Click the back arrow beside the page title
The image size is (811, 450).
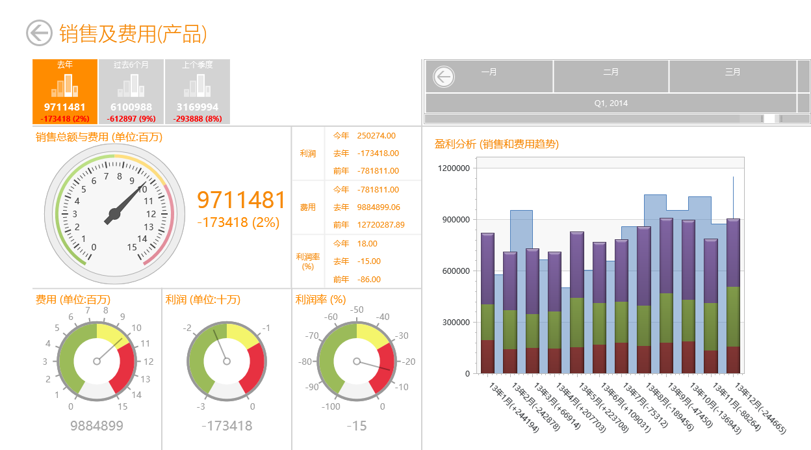click(39, 33)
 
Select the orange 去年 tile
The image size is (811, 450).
click(65, 92)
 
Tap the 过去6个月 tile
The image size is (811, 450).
click(131, 92)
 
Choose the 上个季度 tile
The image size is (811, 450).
click(198, 92)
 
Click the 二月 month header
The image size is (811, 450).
click(611, 72)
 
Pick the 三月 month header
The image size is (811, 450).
click(733, 72)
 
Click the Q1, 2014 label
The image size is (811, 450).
click(611, 103)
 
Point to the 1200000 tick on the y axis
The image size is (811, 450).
click(454, 168)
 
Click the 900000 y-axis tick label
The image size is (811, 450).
click(456, 220)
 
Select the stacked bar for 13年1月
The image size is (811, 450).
click(487, 303)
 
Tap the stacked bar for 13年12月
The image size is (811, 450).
click(733, 296)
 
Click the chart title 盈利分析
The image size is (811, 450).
click(455, 144)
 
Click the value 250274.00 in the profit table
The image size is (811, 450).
click(376, 136)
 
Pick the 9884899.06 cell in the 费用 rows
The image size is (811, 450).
click(378, 207)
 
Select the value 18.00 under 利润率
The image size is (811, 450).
click(367, 243)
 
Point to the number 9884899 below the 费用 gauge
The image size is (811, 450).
click(97, 426)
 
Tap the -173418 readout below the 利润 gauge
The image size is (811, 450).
click(227, 426)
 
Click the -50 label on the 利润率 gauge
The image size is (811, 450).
click(357, 310)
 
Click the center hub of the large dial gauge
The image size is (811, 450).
click(114, 214)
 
